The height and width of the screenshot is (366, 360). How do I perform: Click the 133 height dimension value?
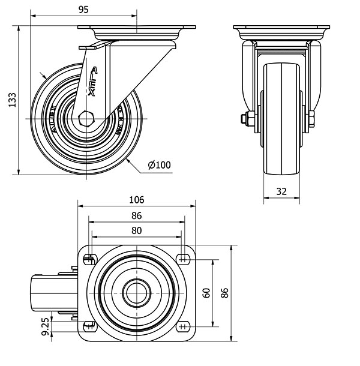click(x=11, y=100)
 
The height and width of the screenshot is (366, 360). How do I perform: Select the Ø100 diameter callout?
click(x=159, y=164)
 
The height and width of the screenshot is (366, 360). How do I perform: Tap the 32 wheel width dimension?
click(x=281, y=192)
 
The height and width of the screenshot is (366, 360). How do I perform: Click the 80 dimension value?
click(x=136, y=230)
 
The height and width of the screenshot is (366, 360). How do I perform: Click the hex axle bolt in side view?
click(x=85, y=119)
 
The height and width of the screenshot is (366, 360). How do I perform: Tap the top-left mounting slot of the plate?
click(x=90, y=259)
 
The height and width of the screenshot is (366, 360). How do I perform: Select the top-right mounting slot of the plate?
click(x=183, y=259)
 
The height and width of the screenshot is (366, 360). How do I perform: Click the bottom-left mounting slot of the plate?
click(x=90, y=327)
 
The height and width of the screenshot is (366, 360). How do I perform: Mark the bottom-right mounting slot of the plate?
click(x=183, y=327)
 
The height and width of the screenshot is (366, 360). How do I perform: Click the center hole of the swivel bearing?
click(x=136, y=293)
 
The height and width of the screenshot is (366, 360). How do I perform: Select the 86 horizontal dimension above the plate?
click(x=136, y=215)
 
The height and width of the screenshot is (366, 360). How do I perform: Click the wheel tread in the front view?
click(x=281, y=120)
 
